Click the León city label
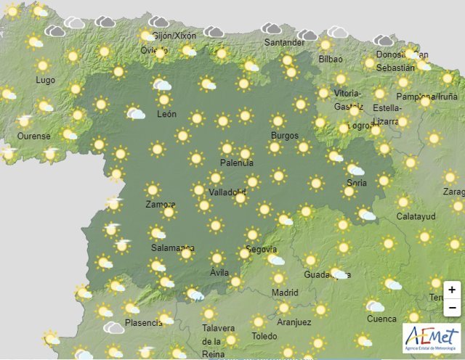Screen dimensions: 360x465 coord(166,114)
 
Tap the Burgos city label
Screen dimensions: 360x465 coord(284,136)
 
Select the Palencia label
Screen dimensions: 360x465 coord(236,163)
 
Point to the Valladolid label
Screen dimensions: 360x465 coord(227,192)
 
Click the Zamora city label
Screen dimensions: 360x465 coord(160,205)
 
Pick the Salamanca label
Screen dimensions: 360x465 coord(172,247)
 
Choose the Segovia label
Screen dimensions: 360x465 coord(262,249)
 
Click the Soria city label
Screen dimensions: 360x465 coord(357,183)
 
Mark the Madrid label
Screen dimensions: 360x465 coord(284,292)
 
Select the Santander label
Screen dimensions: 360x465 coord(284,42)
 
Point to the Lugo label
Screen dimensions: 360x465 coord(45,80)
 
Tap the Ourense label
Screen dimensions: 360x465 coord(34,136)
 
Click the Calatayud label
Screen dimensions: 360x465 coord(416,216)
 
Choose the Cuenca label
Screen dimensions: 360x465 coord(381,319)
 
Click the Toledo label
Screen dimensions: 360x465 coord(264,337)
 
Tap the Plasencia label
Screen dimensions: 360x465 coord(143,322)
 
